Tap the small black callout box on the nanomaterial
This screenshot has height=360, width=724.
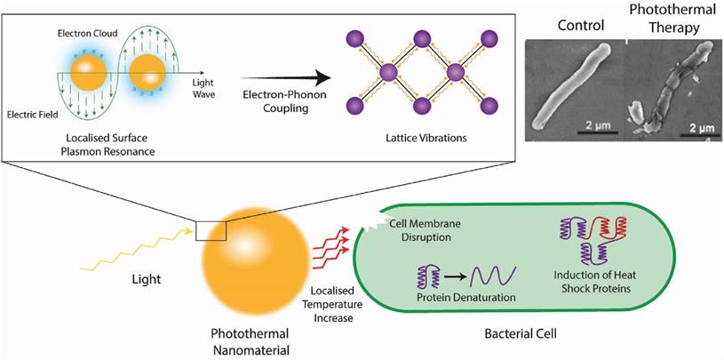[211, 230]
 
